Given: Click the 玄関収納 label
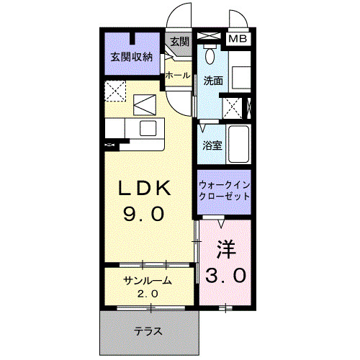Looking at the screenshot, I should pos(131,57).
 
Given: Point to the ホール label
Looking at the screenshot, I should pos(178,76).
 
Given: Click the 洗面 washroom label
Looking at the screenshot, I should pos(213,81).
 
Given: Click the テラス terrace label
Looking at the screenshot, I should pos(147,332).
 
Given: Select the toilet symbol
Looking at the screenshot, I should pos(211,55).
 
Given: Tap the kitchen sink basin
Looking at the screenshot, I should pos(148,128).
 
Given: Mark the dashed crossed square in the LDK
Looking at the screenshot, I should pos(117,92).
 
